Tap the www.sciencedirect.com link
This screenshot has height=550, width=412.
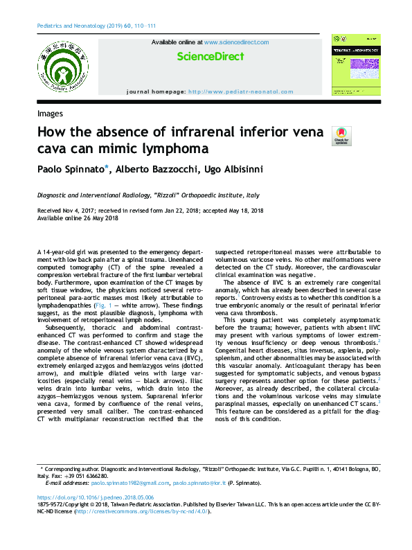pyautogui.click(x=236, y=42)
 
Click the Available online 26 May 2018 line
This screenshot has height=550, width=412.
pyautogui.click(x=78, y=218)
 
